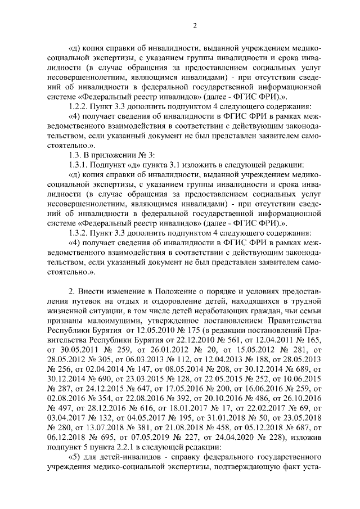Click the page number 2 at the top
click(x=194, y=24)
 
